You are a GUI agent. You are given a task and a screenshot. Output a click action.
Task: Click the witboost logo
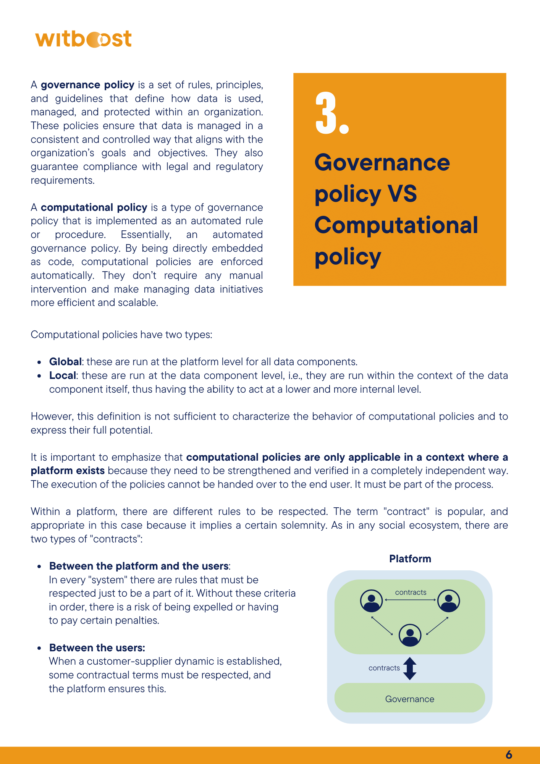point(83,39)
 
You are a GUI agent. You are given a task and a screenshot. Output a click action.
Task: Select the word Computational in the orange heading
point(396,225)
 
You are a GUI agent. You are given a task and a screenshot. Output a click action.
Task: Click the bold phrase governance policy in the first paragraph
point(87,85)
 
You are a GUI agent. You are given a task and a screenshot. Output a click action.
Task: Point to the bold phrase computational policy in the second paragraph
point(94,207)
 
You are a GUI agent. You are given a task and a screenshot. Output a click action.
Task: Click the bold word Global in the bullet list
point(65,362)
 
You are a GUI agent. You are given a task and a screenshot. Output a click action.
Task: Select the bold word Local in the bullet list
point(63,376)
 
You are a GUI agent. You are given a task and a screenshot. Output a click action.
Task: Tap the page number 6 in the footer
point(509,755)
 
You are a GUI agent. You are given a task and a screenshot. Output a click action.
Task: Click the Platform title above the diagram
point(410,559)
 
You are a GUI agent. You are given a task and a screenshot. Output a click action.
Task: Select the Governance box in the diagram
point(409,699)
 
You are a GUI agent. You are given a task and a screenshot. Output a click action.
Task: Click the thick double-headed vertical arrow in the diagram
point(410,668)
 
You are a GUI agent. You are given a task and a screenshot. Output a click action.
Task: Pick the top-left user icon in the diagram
point(371,601)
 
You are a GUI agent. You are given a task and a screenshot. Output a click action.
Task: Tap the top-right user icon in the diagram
point(448,601)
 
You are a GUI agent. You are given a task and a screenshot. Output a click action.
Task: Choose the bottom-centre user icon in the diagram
point(410,635)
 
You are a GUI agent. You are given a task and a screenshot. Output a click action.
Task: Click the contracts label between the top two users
point(411,592)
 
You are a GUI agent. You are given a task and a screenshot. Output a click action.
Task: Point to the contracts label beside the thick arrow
point(384,668)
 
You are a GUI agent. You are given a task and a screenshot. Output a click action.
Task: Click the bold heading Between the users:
point(97,648)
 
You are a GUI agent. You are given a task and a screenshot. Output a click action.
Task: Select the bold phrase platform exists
point(68,471)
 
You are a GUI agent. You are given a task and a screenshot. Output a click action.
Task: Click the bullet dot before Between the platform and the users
point(39,567)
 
